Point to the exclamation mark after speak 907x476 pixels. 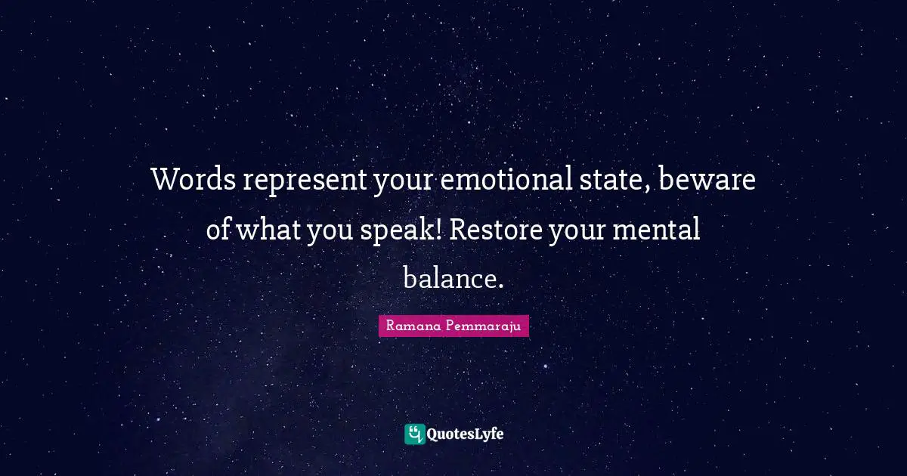[x=439, y=228]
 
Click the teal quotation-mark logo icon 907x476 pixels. [x=414, y=434]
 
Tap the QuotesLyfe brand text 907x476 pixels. [x=466, y=434]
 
